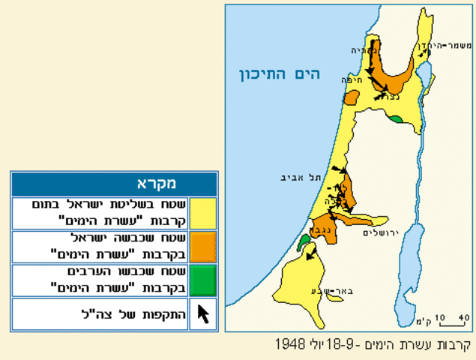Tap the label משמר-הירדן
pyautogui.click(x=450, y=46)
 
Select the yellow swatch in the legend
pyautogui.click(x=202, y=213)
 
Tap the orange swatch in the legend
pyautogui.click(x=202, y=246)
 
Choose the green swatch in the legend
pyautogui.click(x=202, y=280)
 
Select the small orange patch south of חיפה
pyautogui.click(x=351, y=98)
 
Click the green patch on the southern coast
pyautogui.click(x=304, y=242)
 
